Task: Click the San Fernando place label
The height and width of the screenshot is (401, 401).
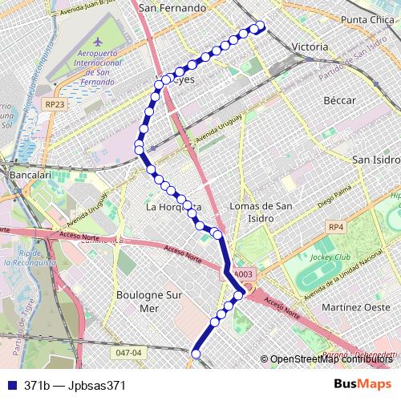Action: point(172,8)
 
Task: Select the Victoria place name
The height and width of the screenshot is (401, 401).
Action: point(310,47)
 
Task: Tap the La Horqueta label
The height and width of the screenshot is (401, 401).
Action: point(172,207)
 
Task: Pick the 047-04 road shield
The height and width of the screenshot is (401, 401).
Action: point(128,352)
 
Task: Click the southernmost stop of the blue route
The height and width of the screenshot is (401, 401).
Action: point(195,351)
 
